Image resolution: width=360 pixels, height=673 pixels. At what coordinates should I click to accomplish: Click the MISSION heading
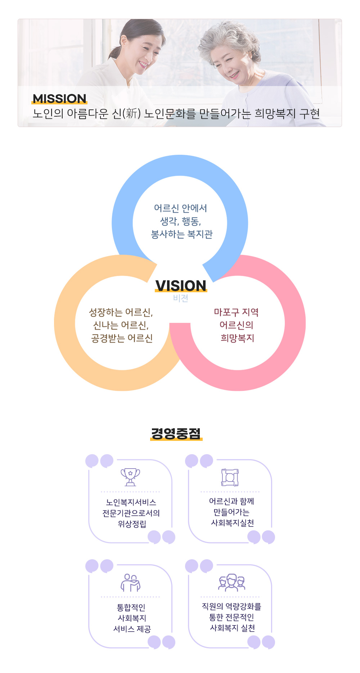pyautogui.click(x=59, y=98)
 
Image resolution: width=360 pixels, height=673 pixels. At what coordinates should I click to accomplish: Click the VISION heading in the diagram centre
pyautogui.click(x=181, y=286)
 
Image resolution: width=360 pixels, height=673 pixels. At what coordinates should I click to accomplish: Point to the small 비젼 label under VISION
pyautogui.click(x=181, y=298)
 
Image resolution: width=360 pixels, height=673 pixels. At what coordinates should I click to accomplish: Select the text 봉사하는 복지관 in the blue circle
pyautogui.click(x=182, y=234)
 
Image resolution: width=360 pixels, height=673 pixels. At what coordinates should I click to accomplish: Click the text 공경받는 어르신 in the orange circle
pyautogui.click(x=122, y=338)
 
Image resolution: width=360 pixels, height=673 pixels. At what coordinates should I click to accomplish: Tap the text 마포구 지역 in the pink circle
pyautogui.click(x=237, y=312)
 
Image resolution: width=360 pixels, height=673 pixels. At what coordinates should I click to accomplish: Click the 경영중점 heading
pyautogui.click(x=176, y=433)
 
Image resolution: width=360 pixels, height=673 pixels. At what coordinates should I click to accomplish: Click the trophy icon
pyautogui.click(x=130, y=477)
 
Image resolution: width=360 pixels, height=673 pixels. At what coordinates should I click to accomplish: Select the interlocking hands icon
pyautogui.click(x=230, y=477)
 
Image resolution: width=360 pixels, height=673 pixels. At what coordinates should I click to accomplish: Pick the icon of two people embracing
pyautogui.click(x=130, y=583)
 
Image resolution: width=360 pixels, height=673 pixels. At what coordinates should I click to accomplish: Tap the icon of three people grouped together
pyautogui.click(x=231, y=583)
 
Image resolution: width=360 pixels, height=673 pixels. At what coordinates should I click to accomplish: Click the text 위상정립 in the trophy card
pyautogui.click(x=132, y=524)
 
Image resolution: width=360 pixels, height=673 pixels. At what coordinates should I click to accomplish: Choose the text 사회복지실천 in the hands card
pyautogui.click(x=233, y=523)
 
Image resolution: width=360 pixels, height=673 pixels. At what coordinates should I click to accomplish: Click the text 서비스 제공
pyautogui.click(x=132, y=629)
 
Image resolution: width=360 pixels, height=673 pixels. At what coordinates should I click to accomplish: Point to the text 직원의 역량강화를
pyautogui.click(x=231, y=606)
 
